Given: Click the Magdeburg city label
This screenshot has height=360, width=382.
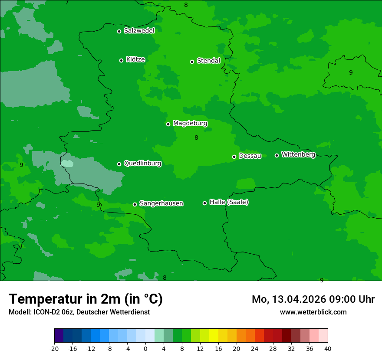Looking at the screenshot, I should click(x=190, y=124).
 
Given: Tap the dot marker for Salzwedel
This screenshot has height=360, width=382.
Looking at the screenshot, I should click(x=119, y=31).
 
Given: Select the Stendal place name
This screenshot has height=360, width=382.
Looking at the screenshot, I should click(x=208, y=61).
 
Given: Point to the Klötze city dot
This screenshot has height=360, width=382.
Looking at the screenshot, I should click(x=121, y=60).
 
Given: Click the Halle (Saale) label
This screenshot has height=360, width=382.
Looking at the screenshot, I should click(x=229, y=202).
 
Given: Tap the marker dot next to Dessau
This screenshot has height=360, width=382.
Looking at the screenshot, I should click(x=234, y=157).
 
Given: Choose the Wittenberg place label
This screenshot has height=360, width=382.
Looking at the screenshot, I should click(x=298, y=154).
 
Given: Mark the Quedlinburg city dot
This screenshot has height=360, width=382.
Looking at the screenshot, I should click(x=119, y=164).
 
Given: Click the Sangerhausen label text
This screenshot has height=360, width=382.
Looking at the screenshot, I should click(x=161, y=203).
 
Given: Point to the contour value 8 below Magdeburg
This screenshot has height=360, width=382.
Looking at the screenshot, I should click(x=196, y=137).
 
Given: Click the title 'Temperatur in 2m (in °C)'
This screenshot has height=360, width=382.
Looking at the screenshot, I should click(x=86, y=299).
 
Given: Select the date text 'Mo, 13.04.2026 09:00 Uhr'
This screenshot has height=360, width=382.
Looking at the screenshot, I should click(x=313, y=299).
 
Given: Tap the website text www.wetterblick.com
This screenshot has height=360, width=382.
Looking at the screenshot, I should click(x=313, y=312).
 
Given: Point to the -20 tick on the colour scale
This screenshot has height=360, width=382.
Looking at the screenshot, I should click(x=54, y=349).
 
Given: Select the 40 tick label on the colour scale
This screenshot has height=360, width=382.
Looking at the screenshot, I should click(x=328, y=349).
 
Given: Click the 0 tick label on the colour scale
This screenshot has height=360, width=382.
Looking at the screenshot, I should click(x=145, y=349).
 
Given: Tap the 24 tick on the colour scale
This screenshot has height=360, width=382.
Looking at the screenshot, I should click(x=255, y=349).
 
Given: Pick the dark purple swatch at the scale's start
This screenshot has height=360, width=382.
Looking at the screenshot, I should click(x=59, y=336).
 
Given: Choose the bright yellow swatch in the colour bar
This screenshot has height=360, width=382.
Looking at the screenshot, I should click(x=214, y=336).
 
